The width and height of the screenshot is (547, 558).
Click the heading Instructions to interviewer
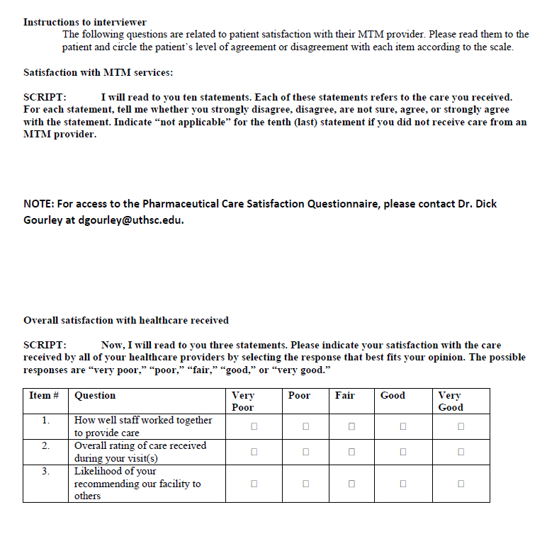(x=85, y=22)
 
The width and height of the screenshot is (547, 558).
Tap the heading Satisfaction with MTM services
(x=98, y=72)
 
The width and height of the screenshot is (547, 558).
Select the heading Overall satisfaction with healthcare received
(x=126, y=320)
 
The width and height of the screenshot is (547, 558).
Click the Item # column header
(x=44, y=395)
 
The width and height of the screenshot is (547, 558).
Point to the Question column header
(x=95, y=395)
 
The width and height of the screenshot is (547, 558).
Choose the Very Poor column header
(x=243, y=401)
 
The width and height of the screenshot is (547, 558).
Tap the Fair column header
(x=345, y=395)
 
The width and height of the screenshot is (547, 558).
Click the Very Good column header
(x=451, y=401)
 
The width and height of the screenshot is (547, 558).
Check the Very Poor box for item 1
(x=254, y=426)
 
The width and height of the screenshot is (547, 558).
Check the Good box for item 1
(x=402, y=426)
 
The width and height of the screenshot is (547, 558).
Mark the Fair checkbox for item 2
(x=351, y=452)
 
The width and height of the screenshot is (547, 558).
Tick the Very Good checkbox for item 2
(x=461, y=452)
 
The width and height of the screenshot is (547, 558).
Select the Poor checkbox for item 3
(x=306, y=484)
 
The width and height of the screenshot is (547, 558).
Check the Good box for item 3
(x=402, y=484)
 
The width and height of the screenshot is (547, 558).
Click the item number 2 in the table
(x=45, y=445)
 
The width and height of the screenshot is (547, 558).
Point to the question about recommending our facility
(x=137, y=484)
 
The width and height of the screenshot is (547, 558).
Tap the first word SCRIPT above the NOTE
(x=45, y=97)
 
